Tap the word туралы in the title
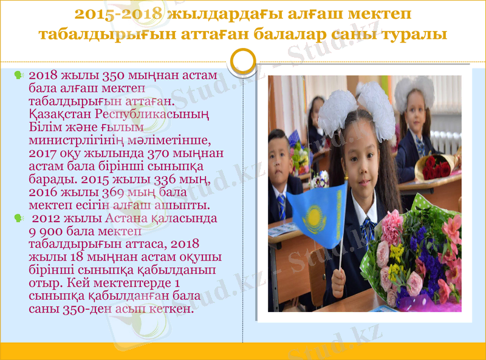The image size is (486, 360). pyautogui.click(x=415, y=35)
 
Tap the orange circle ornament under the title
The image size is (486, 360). pyautogui.click(x=244, y=61)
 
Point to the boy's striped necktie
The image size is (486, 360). pyautogui.click(x=281, y=206)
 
